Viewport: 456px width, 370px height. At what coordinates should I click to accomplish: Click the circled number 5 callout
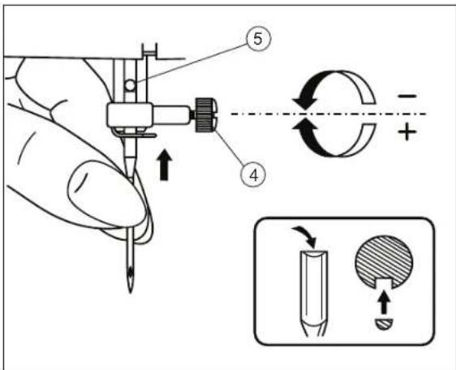(258, 39)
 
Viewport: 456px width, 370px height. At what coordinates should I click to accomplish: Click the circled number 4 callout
(253, 175)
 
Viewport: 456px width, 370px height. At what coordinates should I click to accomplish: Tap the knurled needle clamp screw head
(206, 115)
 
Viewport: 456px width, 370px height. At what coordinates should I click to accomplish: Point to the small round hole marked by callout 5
(131, 85)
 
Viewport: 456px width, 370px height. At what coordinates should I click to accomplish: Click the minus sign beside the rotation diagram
(407, 96)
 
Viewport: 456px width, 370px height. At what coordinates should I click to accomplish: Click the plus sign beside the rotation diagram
(407, 131)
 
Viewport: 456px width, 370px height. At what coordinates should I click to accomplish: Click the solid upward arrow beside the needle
(165, 166)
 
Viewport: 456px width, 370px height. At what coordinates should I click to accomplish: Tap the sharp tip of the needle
(131, 292)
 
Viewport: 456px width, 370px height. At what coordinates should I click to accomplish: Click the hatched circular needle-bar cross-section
(384, 260)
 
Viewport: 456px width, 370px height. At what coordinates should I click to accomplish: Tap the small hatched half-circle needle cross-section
(384, 324)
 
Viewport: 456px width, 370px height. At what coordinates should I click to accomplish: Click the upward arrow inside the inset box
(385, 303)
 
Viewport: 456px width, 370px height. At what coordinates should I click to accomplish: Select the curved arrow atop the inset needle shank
(305, 235)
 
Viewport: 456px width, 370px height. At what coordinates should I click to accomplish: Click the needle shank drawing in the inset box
(313, 293)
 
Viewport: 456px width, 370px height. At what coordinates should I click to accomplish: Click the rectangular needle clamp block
(130, 115)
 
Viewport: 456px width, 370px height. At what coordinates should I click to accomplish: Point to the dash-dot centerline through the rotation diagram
(329, 114)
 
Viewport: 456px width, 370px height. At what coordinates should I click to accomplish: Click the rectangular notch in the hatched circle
(384, 283)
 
